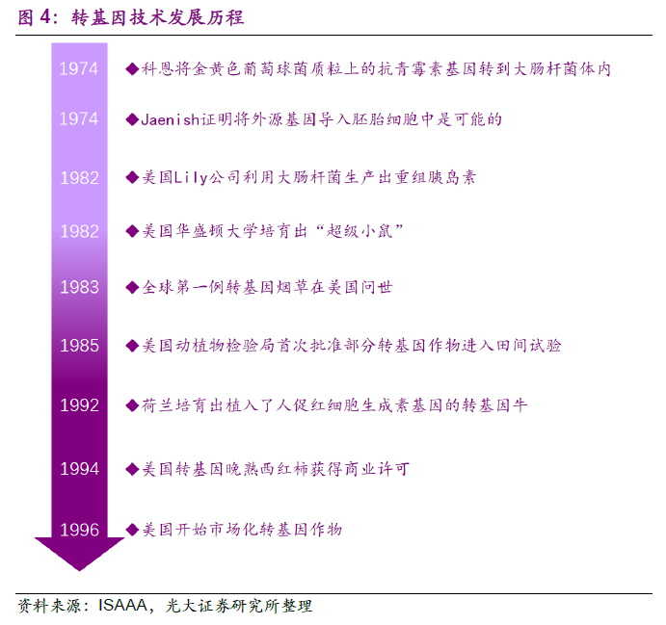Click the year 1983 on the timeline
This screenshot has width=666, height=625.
point(79,287)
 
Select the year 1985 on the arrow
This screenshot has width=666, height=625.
point(79,346)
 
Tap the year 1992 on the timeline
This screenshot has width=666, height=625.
point(79,405)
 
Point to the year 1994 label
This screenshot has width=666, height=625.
point(79,469)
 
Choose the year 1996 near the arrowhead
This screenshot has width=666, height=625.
point(79,530)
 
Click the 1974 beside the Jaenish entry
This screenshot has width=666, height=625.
point(79,118)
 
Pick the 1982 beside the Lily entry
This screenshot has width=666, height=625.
point(79,178)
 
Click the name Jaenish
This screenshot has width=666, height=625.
point(171,119)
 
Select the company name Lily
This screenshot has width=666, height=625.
point(192,177)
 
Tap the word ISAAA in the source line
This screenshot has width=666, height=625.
point(122,605)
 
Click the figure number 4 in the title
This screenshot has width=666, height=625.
point(45,17)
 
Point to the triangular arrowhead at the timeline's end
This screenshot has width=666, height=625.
point(79,554)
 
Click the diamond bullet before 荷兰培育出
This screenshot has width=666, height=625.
point(132,405)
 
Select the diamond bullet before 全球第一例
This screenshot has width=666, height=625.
point(132,288)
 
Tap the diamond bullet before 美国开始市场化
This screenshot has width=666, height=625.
point(132,530)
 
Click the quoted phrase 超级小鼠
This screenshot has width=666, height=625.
point(360,232)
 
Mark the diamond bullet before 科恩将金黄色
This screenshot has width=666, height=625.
point(132,68)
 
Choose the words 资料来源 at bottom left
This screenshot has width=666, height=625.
point(50,606)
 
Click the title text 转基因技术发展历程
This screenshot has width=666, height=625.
point(157,18)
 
